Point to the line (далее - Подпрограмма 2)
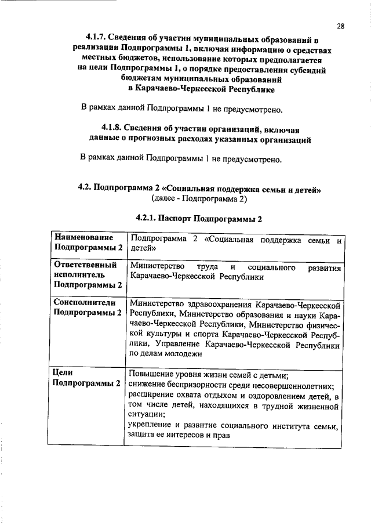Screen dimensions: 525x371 tap(199, 198)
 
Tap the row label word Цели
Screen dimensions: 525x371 tap(63, 373)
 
